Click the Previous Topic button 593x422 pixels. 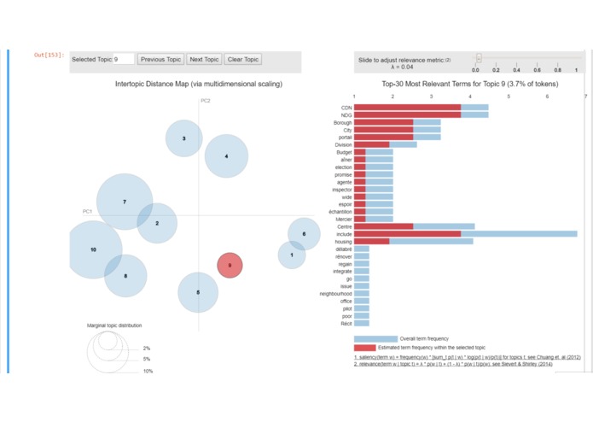[x=161, y=60]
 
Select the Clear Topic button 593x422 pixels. [x=243, y=60]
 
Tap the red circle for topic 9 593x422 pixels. [x=230, y=266]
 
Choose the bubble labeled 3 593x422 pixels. [x=183, y=138]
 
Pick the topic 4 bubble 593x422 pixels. [x=226, y=156]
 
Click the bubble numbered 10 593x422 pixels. [x=93, y=249]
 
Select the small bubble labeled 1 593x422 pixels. [x=292, y=255]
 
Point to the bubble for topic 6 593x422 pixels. [x=304, y=233]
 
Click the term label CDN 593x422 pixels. [x=346, y=108]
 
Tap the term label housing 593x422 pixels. [x=343, y=242]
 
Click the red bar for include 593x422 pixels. [x=407, y=233]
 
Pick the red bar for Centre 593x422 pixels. [x=383, y=226]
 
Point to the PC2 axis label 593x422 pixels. [x=206, y=101]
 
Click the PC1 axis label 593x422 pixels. [x=87, y=211]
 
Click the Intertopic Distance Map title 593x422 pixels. [x=199, y=85]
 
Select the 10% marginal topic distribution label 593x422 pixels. [x=148, y=371]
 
